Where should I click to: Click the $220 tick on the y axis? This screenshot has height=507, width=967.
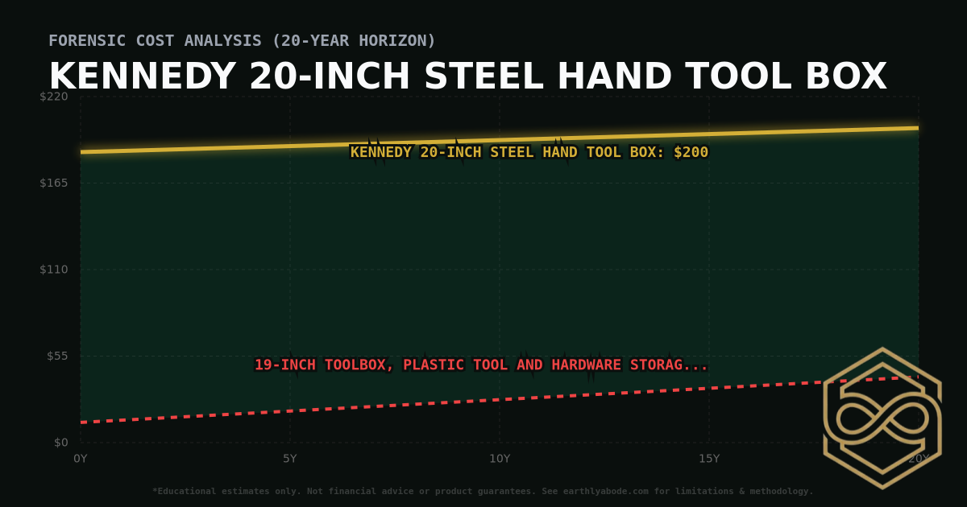point(54,97)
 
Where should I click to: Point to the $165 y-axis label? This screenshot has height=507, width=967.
point(54,183)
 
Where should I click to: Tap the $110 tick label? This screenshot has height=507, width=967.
point(54,270)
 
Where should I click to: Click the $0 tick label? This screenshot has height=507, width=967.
point(60,443)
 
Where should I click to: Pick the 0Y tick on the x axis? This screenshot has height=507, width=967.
point(80,459)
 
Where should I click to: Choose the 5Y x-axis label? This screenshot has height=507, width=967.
point(289,459)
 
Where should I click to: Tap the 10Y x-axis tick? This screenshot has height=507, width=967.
point(500,459)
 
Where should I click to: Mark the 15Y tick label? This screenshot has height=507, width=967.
point(709,459)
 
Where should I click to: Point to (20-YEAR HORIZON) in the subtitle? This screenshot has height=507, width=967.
point(354,40)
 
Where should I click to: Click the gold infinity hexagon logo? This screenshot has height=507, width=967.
point(882,418)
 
